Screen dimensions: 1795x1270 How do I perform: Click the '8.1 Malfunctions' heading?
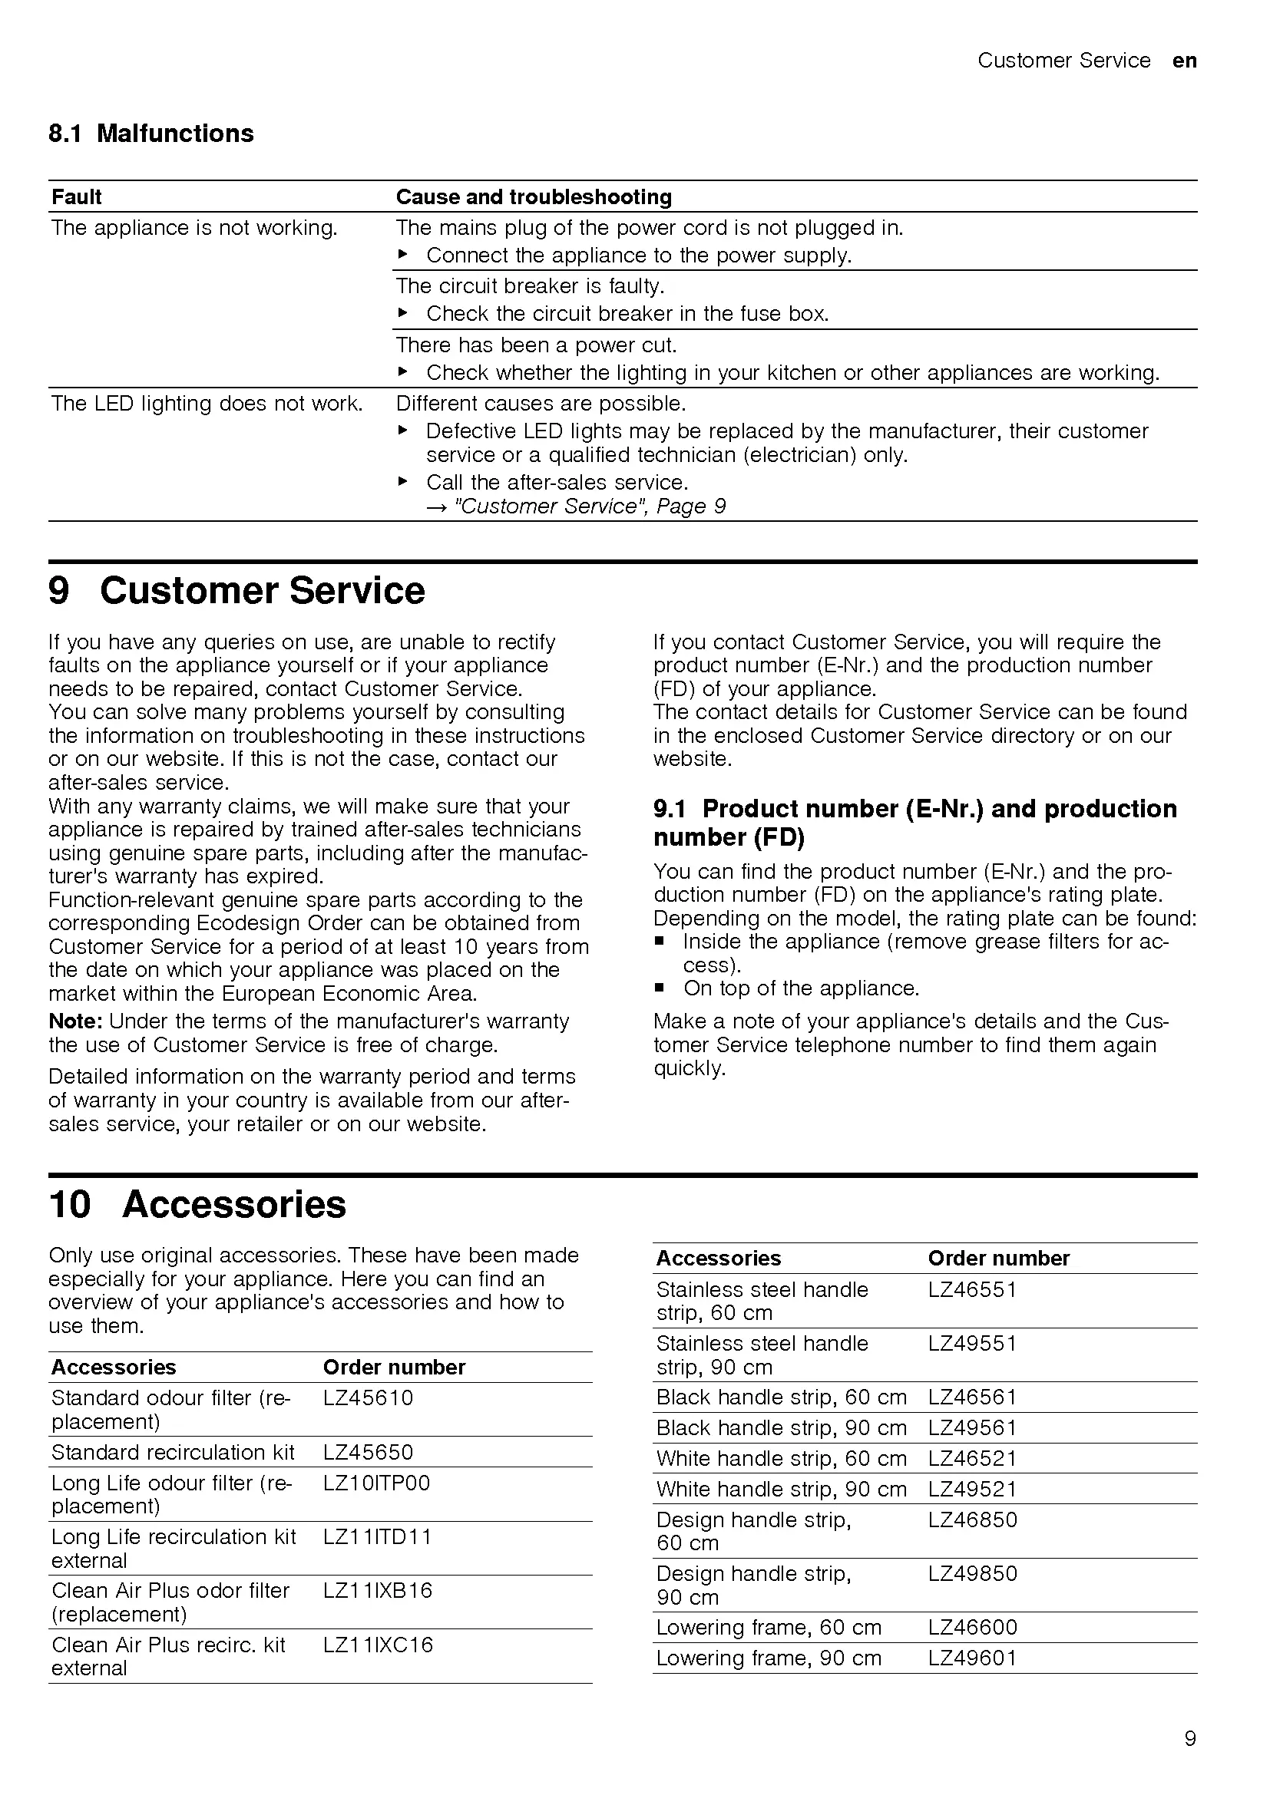151,134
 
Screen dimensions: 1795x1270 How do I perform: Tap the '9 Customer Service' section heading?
236,590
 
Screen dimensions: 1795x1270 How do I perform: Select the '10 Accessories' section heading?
197,1204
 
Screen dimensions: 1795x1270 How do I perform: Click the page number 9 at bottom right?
1189,1738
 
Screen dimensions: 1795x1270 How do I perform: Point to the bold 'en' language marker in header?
1184,61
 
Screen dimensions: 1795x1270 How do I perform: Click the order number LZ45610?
368,1397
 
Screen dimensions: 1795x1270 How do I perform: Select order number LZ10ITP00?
376,1483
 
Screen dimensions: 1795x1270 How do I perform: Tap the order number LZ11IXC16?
378,1644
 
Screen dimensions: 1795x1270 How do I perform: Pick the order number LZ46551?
972,1289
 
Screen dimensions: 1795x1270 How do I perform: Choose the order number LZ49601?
972,1658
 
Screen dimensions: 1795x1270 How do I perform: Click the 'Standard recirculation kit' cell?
173,1452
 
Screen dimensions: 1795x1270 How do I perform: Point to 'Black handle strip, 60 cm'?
781,1397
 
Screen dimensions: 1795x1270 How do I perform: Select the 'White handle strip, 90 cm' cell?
781,1490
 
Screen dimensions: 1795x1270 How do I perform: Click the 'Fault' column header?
77,197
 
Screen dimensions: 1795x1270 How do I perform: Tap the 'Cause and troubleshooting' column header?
534,197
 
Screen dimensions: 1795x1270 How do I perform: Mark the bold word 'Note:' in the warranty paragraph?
75,1021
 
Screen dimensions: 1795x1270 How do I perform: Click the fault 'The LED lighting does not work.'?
207,404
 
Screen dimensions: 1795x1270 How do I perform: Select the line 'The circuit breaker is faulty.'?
530,286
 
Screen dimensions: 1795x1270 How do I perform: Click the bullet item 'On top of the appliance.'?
801,988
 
